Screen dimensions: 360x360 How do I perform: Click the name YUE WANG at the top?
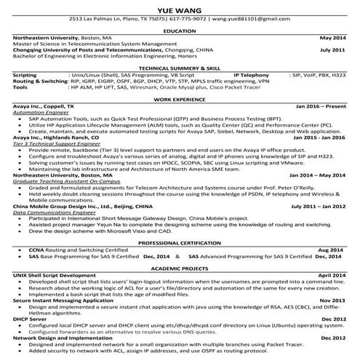click(x=180, y=8)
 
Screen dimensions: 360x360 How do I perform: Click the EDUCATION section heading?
click(x=180, y=31)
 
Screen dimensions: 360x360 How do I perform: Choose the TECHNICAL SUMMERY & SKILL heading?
click(x=180, y=66)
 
